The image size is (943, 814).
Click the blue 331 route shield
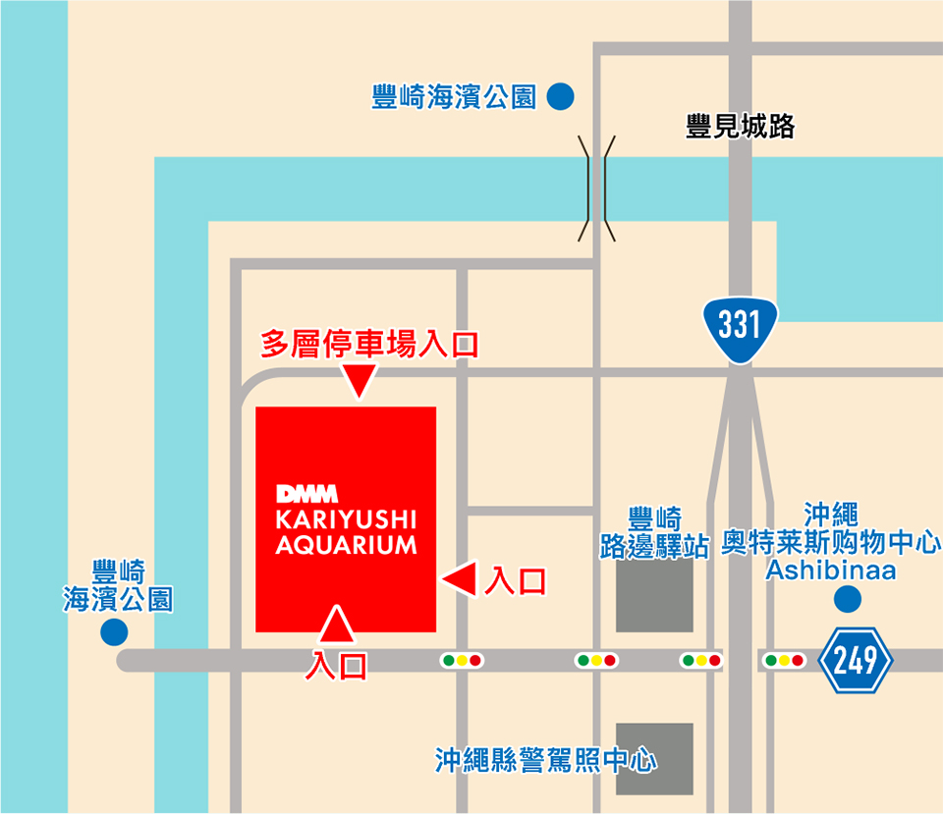point(740,326)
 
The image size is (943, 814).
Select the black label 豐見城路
point(740,127)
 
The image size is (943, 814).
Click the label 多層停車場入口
point(369,345)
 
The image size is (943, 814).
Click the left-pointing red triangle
point(460,578)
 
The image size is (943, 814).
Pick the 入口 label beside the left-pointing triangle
point(515,581)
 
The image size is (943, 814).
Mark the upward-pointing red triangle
point(337,623)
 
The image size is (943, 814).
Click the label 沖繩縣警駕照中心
point(546,760)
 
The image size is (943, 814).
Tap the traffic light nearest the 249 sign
point(784,661)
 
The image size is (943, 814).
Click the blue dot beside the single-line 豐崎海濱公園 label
point(560,97)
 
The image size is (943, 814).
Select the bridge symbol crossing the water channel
point(596,189)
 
